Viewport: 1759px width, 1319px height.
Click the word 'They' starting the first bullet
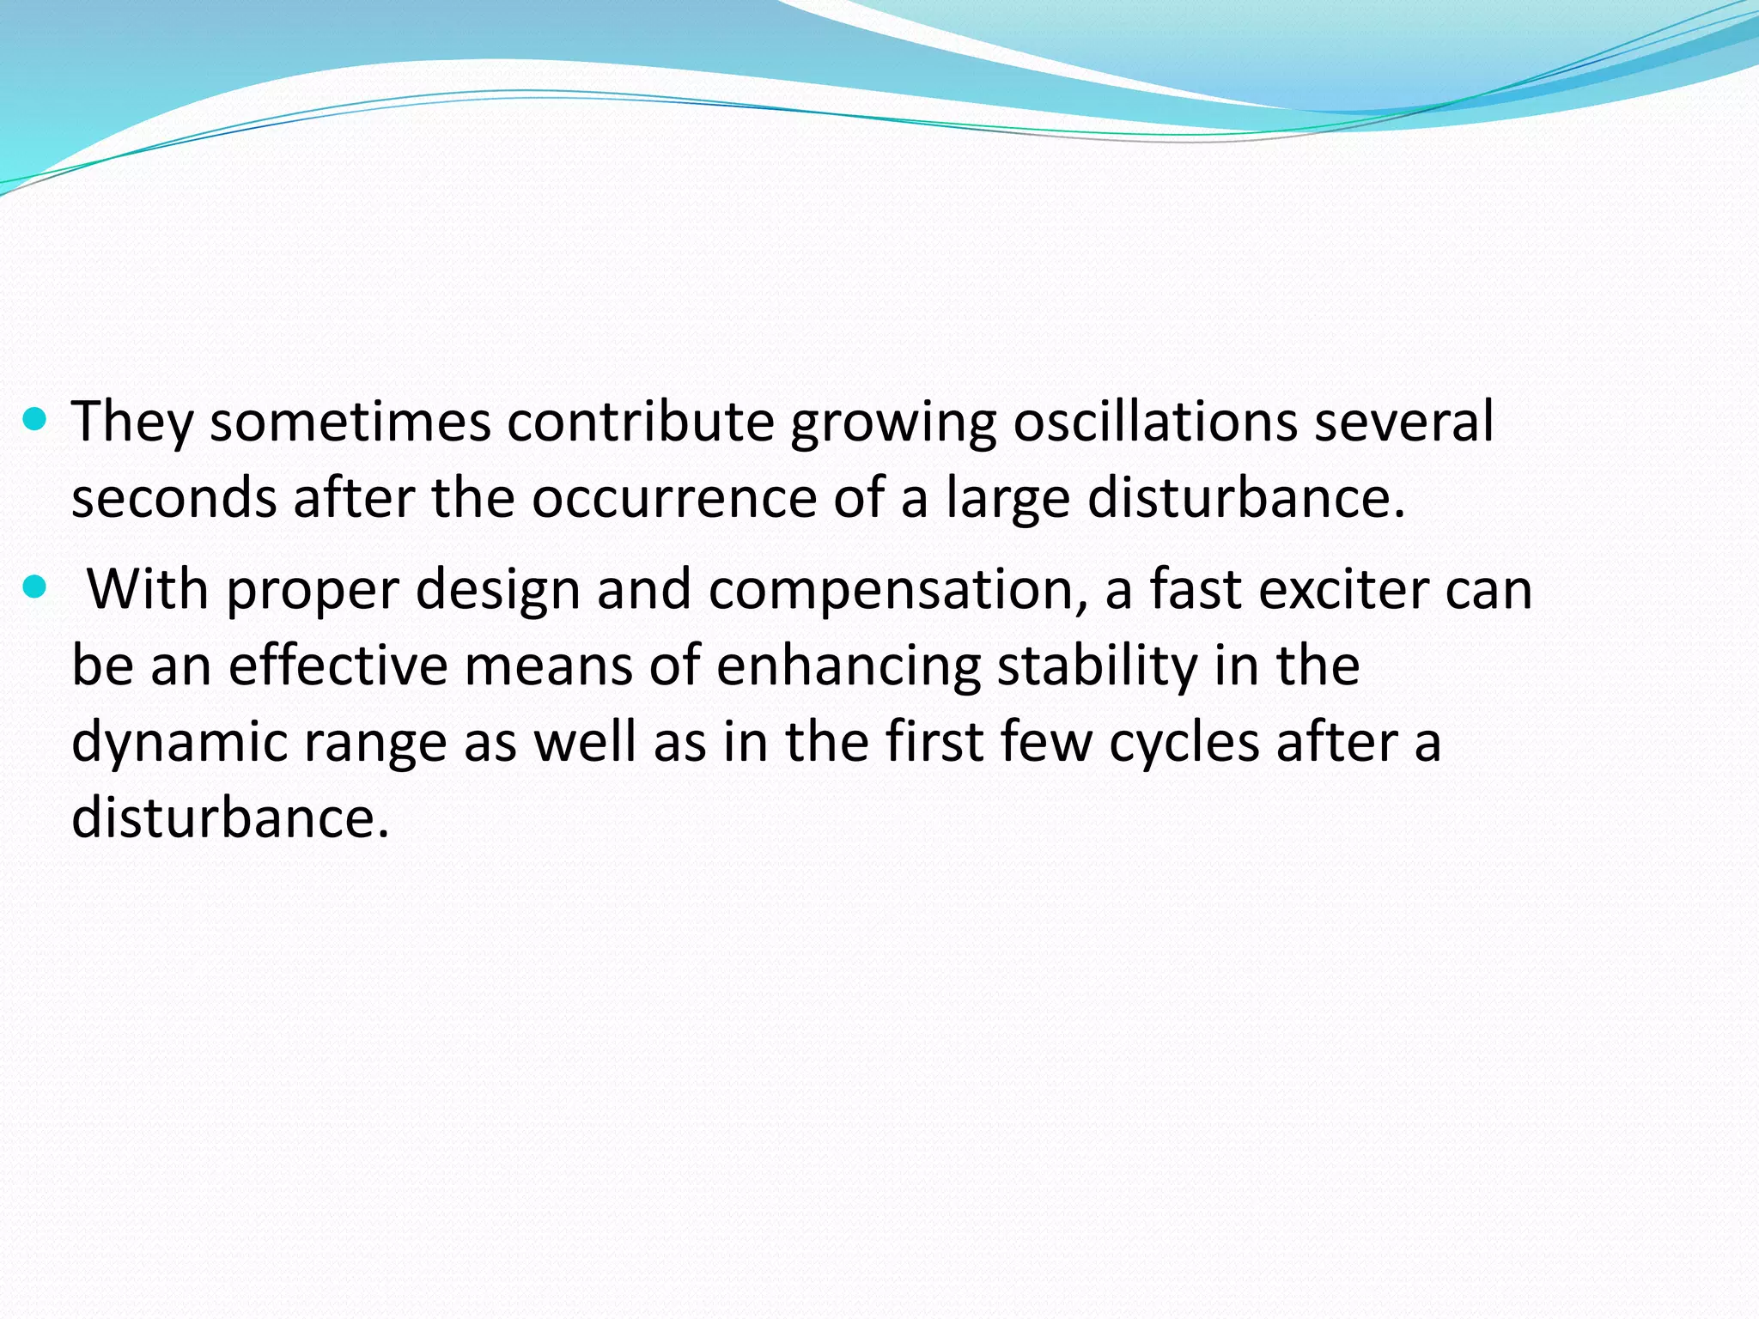131,422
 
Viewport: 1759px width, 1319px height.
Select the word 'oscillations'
1154,422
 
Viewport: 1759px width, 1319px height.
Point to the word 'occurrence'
673,498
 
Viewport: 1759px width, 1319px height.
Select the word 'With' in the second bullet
148,589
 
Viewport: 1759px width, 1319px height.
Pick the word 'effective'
338,665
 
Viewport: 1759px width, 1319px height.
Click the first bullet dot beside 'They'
34,420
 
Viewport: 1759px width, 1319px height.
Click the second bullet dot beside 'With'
34,588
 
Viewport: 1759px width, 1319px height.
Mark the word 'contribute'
640,422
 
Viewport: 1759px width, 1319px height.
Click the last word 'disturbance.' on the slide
230,816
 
